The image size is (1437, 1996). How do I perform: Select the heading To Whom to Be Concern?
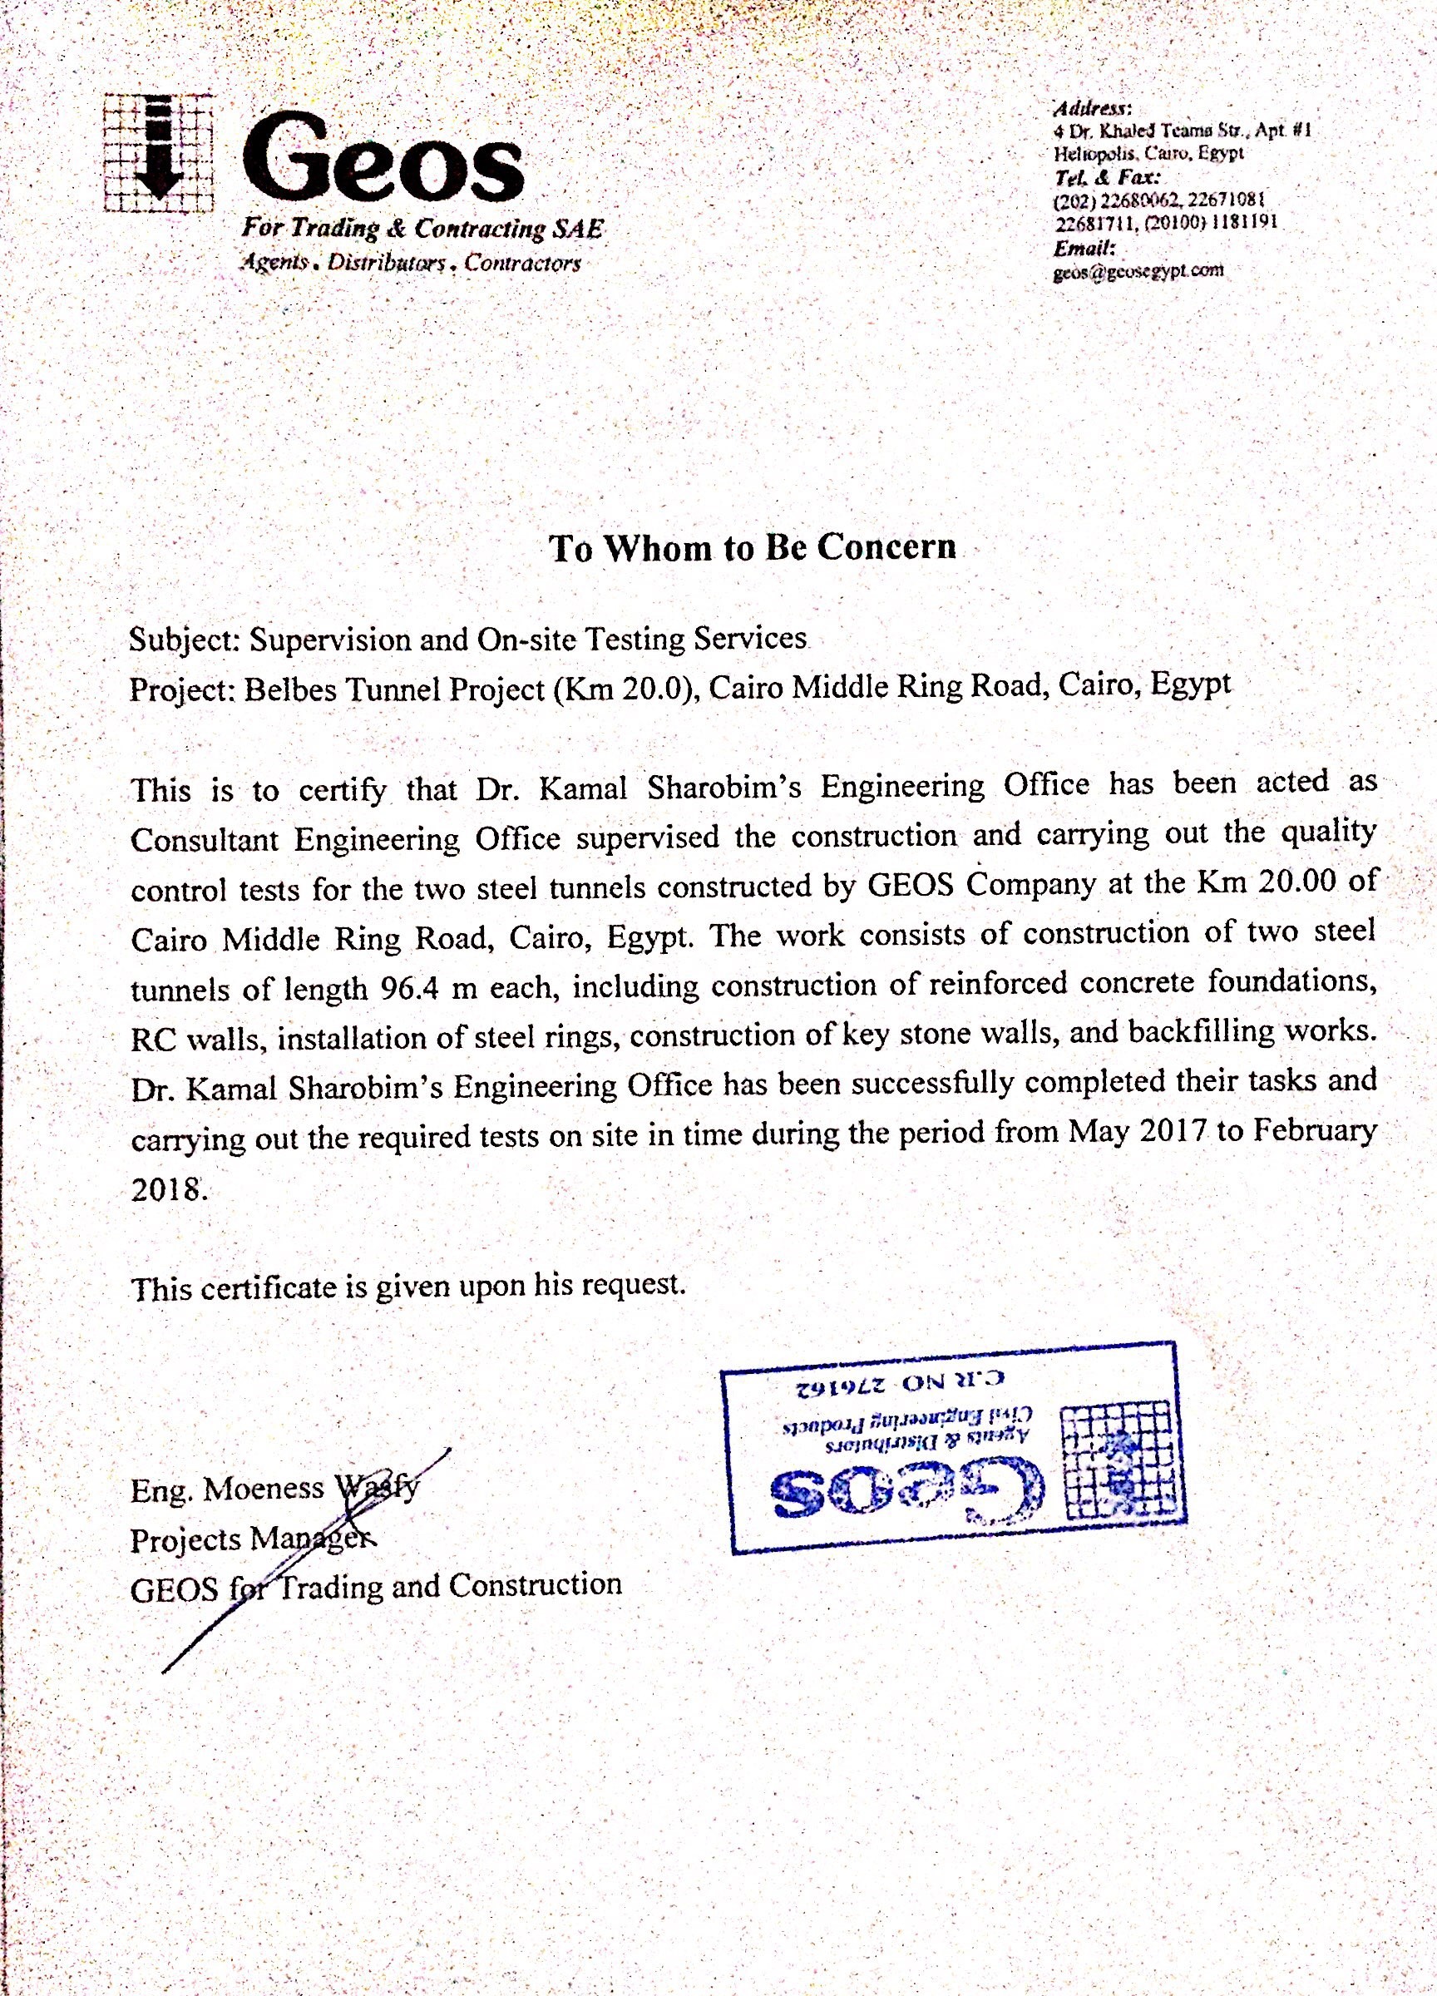pos(753,547)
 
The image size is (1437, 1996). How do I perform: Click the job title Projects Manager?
pos(253,1539)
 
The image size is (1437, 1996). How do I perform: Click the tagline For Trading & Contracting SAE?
pos(422,230)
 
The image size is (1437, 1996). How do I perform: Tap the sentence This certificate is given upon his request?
pos(407,1287)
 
